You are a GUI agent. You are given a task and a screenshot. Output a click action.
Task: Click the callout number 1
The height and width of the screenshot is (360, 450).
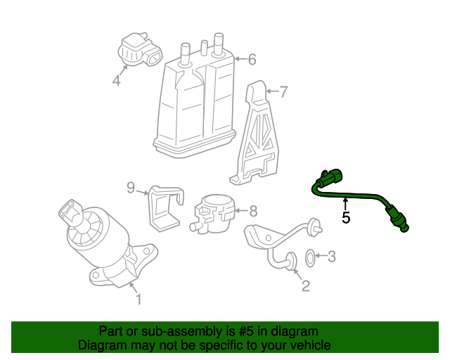pyautogui.click(x=139, y=300)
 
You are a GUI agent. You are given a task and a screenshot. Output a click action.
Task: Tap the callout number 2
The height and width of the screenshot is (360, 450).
pyautogui.click(x=305, y=285)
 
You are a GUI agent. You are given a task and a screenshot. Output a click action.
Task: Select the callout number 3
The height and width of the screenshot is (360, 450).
pyautogui.click(x=333, y=257)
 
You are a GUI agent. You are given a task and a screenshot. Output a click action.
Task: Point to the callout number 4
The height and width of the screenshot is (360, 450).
pyautogui.click(x=116, y=81)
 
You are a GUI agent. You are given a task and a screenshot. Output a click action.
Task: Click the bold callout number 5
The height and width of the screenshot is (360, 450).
pyautogui.click(x=346, y=218)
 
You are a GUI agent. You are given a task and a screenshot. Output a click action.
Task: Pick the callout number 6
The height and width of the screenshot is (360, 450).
pyautogui.click(x=252, y=60)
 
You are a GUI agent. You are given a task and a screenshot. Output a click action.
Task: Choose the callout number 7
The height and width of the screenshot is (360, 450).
pyautogui.click(x=283, y=91)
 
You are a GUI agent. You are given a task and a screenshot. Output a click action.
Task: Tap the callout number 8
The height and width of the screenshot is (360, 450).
pyautogui.click(x=253, y=210)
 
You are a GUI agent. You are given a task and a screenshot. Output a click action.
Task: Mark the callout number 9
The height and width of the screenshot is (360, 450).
pyautogui.click(x=131, y=187)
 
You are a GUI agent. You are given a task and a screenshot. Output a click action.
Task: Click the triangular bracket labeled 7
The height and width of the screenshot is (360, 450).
pyautogui.click(x=257, y=137)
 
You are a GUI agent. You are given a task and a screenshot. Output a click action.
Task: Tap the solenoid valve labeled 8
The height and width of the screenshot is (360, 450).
pyautogui.click(x=214, y=211)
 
